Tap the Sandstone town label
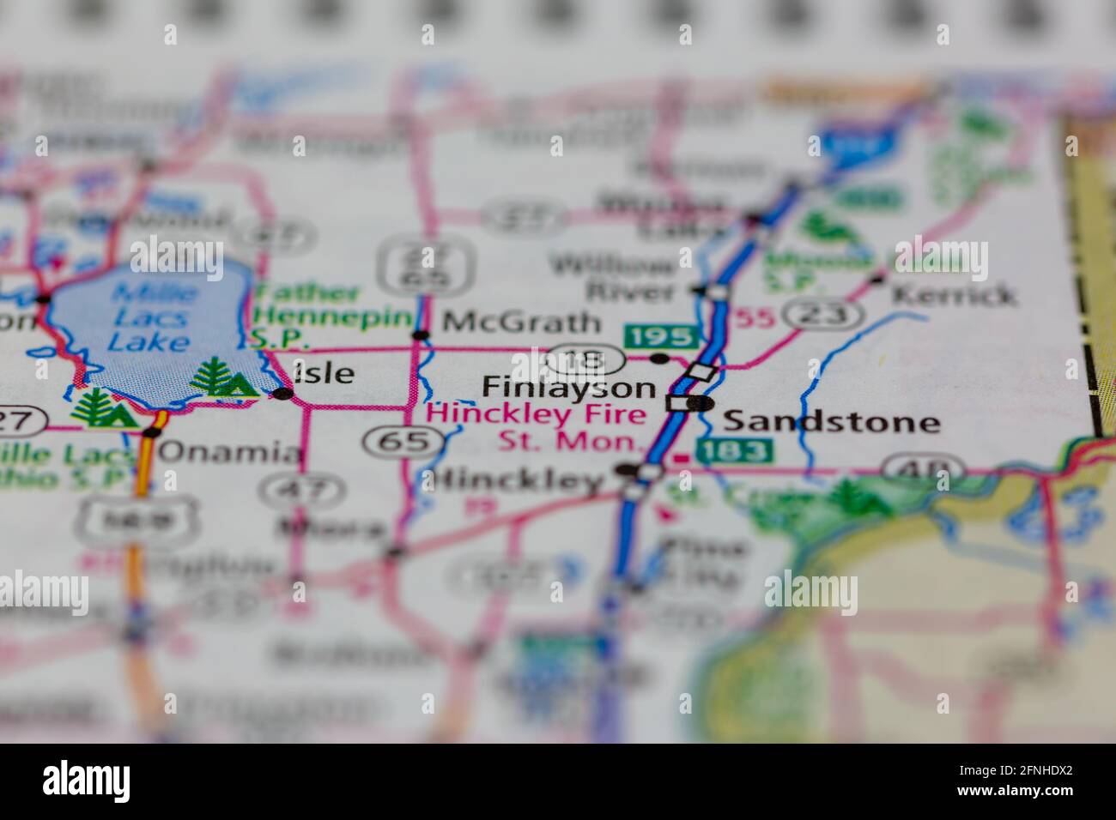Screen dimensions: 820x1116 pos(831,421)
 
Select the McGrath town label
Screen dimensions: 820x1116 pos(521,323)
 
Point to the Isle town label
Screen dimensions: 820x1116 pos(324,373)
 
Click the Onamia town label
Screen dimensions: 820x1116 pos(231,452)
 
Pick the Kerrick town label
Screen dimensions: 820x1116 pos(953,295)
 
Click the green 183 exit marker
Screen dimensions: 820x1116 pos(734,450)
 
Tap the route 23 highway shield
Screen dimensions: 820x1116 pos(825,315)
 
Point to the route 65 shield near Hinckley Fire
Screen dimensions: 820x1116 pos(404,442)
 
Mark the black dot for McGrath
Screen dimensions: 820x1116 pos(421,335)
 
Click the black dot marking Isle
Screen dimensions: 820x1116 pos(282,394)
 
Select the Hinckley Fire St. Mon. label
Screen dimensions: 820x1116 pos(537,429)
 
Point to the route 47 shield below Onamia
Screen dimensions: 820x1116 pos(300,491)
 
